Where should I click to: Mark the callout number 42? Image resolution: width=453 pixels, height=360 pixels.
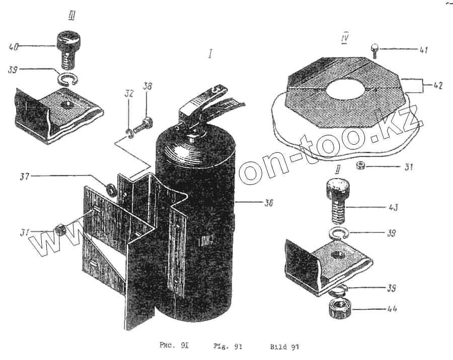click(x=436, y=85)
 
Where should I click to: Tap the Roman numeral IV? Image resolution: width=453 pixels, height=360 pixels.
click(x=345, y=38)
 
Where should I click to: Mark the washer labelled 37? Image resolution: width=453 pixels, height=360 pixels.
click(x=109, y=190)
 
